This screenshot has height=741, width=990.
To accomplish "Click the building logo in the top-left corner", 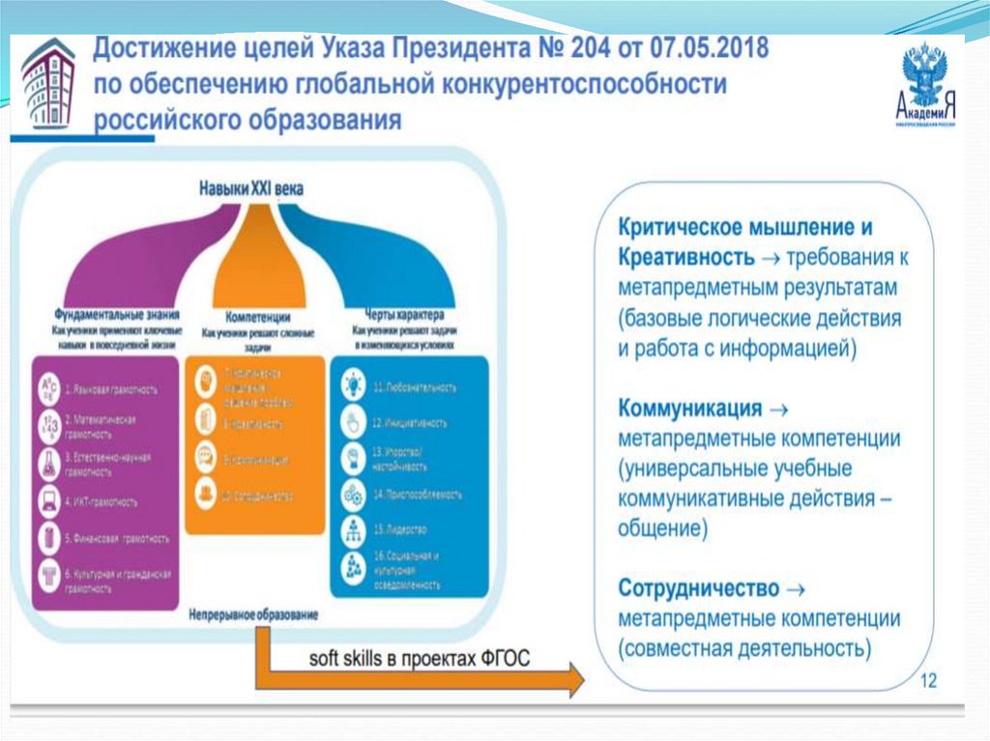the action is (47, 84).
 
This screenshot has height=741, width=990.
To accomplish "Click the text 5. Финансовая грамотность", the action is (117, 538).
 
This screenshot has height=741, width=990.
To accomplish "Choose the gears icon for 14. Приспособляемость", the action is (353, 494).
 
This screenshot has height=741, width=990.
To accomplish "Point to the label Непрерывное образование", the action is (253, 613).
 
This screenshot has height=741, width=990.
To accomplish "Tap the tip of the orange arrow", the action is (582, 678).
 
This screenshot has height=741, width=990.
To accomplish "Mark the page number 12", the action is (928, 681).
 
